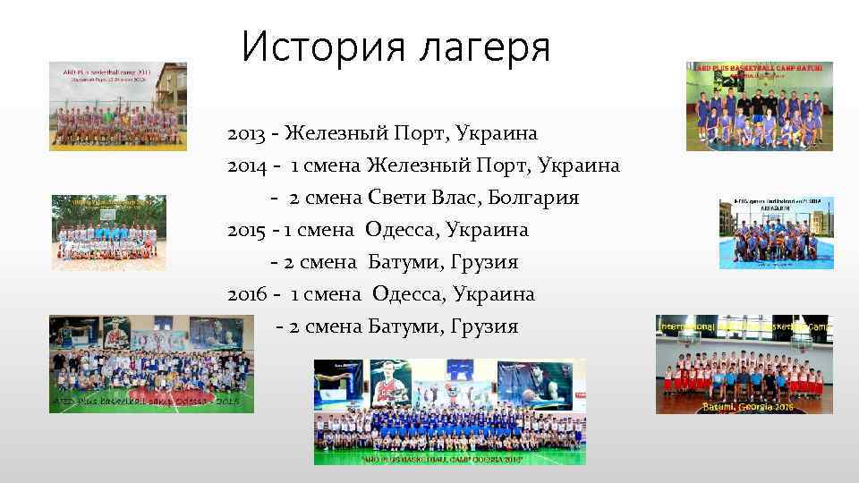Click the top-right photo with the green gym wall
tap(759, 106)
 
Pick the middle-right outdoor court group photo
tap(776, 233)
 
